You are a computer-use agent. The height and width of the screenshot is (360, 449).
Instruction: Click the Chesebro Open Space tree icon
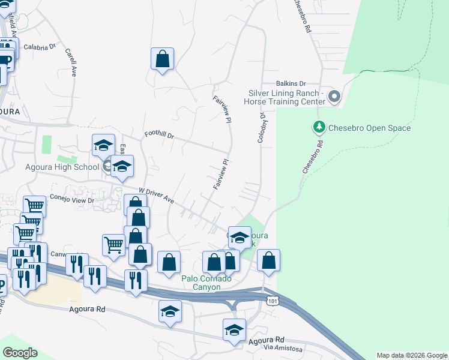tap(319, 127)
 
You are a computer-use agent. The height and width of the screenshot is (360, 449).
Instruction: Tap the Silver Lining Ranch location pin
tap(334, 96)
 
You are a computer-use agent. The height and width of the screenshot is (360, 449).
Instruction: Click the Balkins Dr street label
tap(291, 84)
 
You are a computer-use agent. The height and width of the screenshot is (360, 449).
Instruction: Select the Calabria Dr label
tap(40, 46)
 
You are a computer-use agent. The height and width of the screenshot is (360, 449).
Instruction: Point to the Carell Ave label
tap(70, 62)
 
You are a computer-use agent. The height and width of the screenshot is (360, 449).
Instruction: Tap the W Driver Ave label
tap(156, 196)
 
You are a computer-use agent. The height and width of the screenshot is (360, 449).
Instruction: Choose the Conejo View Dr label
tap(76, 201)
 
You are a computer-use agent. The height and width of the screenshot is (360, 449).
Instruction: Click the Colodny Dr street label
tap(262, 127)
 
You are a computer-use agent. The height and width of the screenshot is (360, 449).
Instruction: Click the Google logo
tap(20, 353)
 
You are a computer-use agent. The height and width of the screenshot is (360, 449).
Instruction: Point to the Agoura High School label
tap(56, 167)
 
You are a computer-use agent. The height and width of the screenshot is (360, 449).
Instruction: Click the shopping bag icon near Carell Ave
tap(162, 59)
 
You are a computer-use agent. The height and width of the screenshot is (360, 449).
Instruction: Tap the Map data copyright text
tap(412, 355)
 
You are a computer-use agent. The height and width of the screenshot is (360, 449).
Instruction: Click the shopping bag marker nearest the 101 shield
tap(269, 260)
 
